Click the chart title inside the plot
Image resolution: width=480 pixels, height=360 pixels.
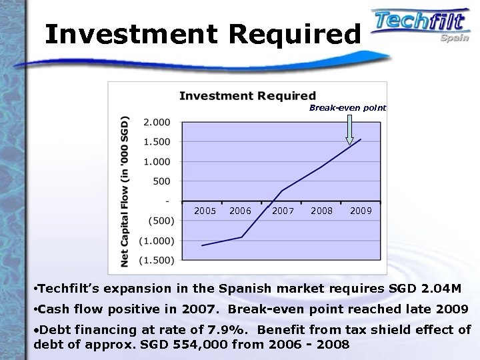(247, 96)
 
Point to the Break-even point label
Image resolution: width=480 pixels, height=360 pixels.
(347, 107)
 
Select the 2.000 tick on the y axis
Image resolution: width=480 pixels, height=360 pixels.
(157, 122)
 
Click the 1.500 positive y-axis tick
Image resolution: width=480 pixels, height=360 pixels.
(157, 141)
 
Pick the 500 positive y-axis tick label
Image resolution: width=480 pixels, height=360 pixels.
(160, 181)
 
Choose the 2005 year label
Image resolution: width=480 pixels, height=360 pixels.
(205, 211)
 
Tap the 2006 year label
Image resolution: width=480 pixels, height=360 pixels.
(240, 211)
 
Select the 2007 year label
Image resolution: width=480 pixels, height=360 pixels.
(283, 211)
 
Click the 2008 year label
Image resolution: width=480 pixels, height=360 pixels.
(322, 211)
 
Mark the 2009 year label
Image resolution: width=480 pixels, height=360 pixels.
(361, 211)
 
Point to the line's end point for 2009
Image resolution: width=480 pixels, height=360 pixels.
(361, 139)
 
